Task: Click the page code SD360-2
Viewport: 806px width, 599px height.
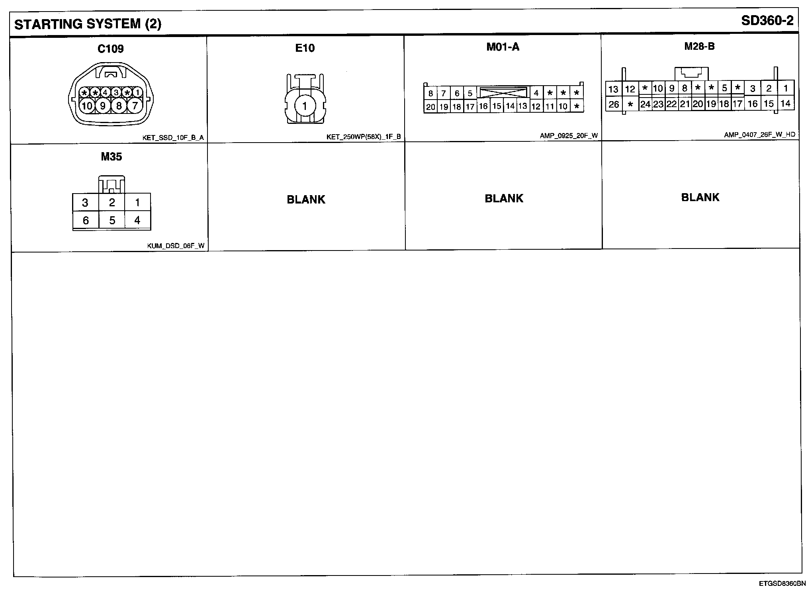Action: (x=767, y=21)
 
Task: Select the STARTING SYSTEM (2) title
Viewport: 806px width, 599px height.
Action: (x=88, y=24)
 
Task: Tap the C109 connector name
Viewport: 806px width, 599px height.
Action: (x=111, y=49)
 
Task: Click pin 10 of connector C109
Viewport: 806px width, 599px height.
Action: (x=86, y=106)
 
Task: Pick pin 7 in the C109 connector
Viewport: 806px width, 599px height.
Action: (x=135, y=106)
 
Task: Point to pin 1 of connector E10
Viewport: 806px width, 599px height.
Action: (x=305, y=106)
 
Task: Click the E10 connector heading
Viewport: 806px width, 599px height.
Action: (x=305, y=48)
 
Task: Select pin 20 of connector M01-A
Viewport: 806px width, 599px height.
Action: (x=430, y=107)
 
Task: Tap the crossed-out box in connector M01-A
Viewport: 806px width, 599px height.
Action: (x=503, y=93)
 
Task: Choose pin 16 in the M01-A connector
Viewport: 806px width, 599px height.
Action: (x=483, y=106)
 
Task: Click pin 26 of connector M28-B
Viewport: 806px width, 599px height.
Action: (x=614, y=104)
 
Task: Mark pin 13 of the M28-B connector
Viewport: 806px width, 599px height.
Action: (x=613, y=89)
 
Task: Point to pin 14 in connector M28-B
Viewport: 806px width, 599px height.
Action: (x=785, y=104)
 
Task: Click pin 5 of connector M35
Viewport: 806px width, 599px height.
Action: (x=112, y=220)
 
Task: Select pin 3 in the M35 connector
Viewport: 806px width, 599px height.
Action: (x=85, y=203)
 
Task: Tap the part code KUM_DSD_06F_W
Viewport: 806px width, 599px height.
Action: (x=176, y=246)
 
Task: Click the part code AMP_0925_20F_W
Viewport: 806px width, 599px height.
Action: (x=569, y=136)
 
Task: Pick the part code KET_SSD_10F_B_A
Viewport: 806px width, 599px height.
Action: (x=173, y=138)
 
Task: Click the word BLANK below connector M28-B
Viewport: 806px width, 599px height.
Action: (x=700, y=198)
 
